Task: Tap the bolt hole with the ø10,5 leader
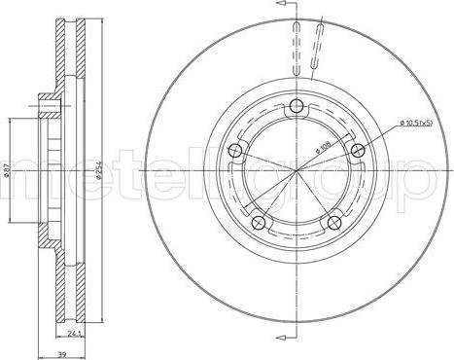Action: tap(358, 149)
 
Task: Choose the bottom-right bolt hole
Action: tap(336, 223)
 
